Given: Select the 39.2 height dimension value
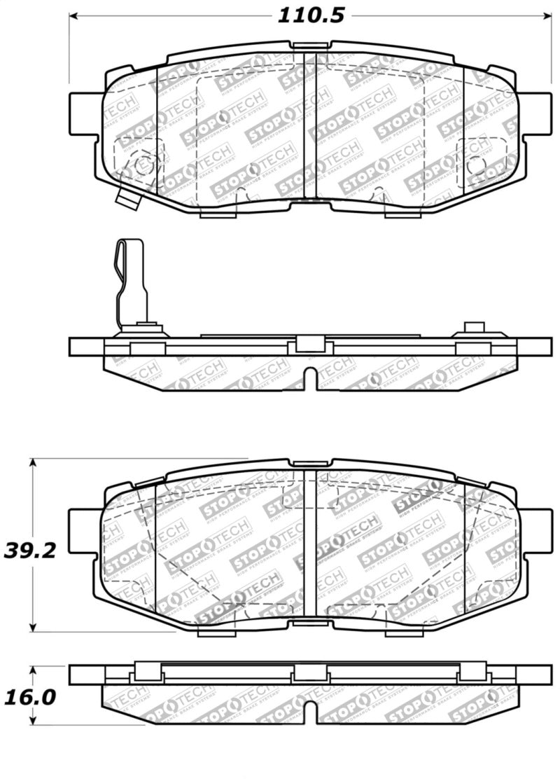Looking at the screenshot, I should coord(30,550).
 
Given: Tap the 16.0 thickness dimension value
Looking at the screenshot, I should coord(30,697).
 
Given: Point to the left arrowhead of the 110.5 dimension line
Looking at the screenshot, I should coord(74,16).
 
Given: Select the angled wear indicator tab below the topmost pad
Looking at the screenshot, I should coord(127,198).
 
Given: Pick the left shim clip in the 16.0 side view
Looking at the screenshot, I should coord(144,673).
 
